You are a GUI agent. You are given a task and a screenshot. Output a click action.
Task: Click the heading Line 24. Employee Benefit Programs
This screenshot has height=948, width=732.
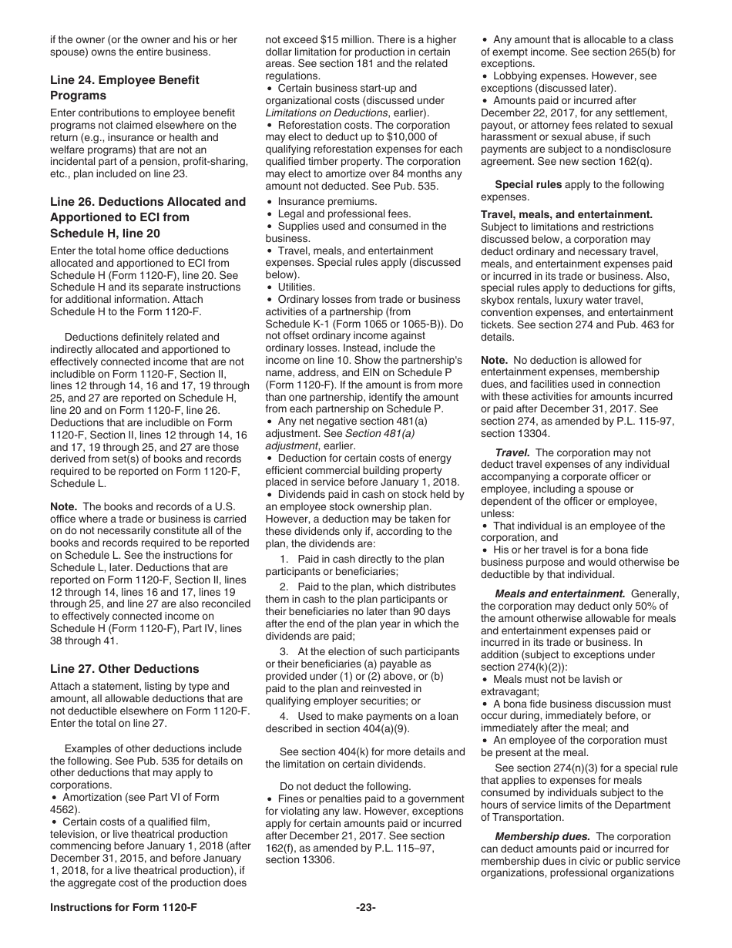124,88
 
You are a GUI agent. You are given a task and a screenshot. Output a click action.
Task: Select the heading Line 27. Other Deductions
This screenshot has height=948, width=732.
124,668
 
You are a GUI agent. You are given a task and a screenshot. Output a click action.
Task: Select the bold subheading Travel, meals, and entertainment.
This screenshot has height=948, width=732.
566,214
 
